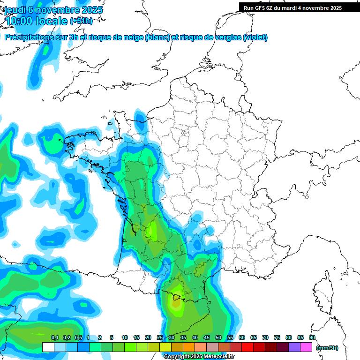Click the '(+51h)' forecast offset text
[x=81, y=21]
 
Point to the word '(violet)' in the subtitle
[x=255, y=37]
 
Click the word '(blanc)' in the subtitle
[x=157, y=37]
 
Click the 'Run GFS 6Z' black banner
[x=299, y=8]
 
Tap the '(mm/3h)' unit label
[x=327, y=347]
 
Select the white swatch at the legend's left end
[x=48, y=347]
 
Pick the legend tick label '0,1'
[x=55, y=338]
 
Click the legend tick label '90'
[x=312, y=338]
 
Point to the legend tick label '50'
[x=218, y=338]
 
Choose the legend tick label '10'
[x=125, y=338]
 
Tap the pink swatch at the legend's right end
[x=306, y=347]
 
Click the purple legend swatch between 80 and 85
[x=294, y=347]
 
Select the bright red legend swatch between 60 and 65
[x=247, y=347]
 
